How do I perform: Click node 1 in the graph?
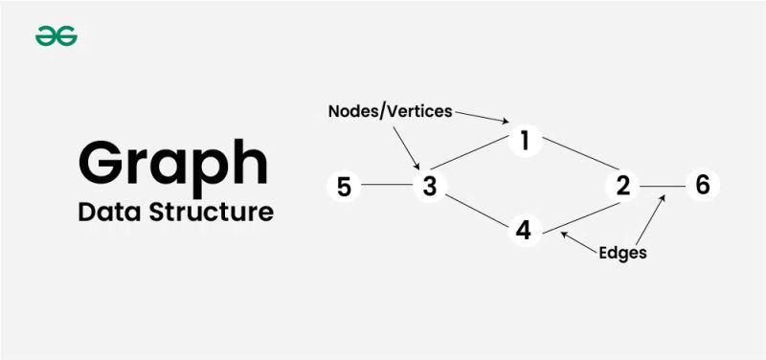click(524, 141)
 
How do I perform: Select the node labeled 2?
click(623, 186)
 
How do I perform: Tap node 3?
click(430, 186)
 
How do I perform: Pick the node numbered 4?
click(523, 231)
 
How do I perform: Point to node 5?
click(345, 186)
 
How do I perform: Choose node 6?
click(702, 185)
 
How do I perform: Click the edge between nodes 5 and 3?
click(387, 186)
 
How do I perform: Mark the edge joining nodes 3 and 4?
click(476, 208)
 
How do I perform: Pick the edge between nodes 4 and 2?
click(574, 209)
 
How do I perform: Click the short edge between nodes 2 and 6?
click(663, 186)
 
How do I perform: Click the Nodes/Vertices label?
click(390, 111)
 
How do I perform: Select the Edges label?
click(622, 253)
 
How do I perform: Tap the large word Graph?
click(173, 163)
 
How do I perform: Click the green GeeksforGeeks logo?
click(56, 36)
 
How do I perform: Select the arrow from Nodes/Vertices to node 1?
click(483, 116)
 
